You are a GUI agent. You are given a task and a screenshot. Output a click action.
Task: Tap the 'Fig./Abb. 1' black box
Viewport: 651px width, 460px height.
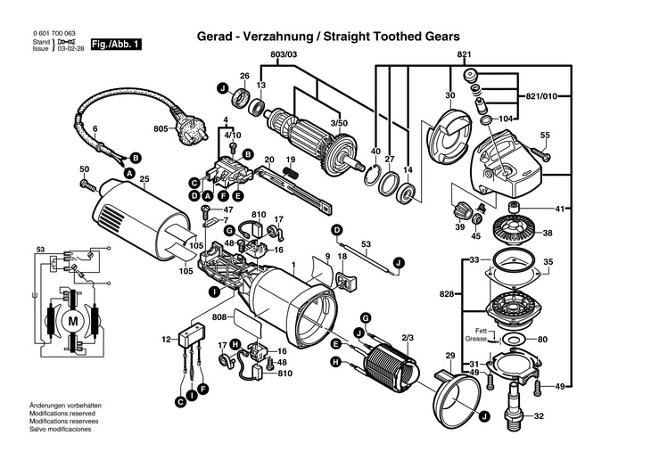[116, 45]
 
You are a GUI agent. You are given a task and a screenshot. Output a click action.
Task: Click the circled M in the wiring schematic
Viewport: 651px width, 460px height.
[72, 321]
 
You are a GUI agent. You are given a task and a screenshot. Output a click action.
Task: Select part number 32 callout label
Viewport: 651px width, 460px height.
[539, 415]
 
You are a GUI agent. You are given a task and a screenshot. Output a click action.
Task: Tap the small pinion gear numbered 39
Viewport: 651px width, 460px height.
[461, 211]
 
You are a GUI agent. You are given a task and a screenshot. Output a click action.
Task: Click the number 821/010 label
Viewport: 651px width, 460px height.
[541, 97]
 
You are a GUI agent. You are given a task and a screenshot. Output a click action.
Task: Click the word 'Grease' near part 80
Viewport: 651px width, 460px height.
[476, 339]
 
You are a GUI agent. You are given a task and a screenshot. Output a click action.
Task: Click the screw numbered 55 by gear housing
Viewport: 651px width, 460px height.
[540, 153]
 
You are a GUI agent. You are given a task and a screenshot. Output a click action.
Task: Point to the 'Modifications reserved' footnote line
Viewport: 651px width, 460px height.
[62, 414]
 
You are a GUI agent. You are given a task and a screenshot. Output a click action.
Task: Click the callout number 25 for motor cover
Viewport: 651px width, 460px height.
[144, 179]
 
